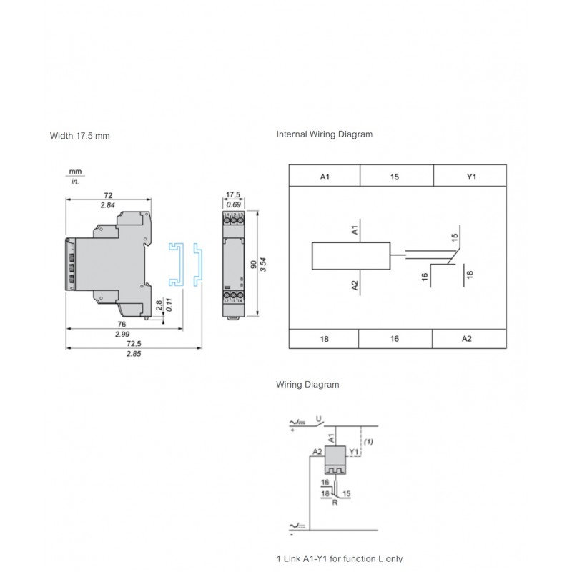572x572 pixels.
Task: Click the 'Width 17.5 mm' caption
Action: pyautogui.click(x=79, y=135)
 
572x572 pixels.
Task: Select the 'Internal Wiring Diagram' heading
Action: pyautogui.click(x=324, y=134)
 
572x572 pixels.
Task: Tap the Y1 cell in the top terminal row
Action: pyautogui.click(x=470, y=176)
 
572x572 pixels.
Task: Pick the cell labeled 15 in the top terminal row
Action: pyautogui.click(x=395, y=176)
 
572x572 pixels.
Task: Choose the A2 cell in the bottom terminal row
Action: pyautogui.click(x=467, y=338)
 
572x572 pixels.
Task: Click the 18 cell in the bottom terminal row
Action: pyautogui.click(x=322, y=338)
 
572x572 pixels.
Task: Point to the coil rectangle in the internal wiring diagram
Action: pyautogui.click(x=351, y=256)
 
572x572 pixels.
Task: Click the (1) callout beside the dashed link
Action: pyautogui.click(x=369, y=443)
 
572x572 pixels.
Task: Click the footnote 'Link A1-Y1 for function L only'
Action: pyautogui.click(x=344, y=558)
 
